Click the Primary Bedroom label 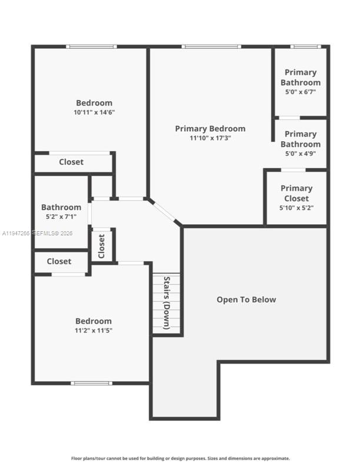click(x=210, y=129)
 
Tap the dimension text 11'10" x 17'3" click(x=210, y=138)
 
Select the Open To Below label click(x=246, y=299)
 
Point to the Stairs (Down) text click(x=166, y=302)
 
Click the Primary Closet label click(x=296, y=194)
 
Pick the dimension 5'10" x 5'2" click(x=296, y=208)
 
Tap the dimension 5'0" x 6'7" click(x=300, y=92)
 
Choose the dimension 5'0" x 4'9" click(x=300, y=154)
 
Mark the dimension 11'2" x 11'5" click(x=93, y=331)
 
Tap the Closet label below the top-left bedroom click(x=71, y=162)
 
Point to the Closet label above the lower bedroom click(x=59, y=261)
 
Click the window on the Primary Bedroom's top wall click(x=211, y=46)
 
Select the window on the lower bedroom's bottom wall click(x=91, y=383)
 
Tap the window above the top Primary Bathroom click(x=305, y=46)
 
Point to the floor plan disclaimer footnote click(x=180, y=458)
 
